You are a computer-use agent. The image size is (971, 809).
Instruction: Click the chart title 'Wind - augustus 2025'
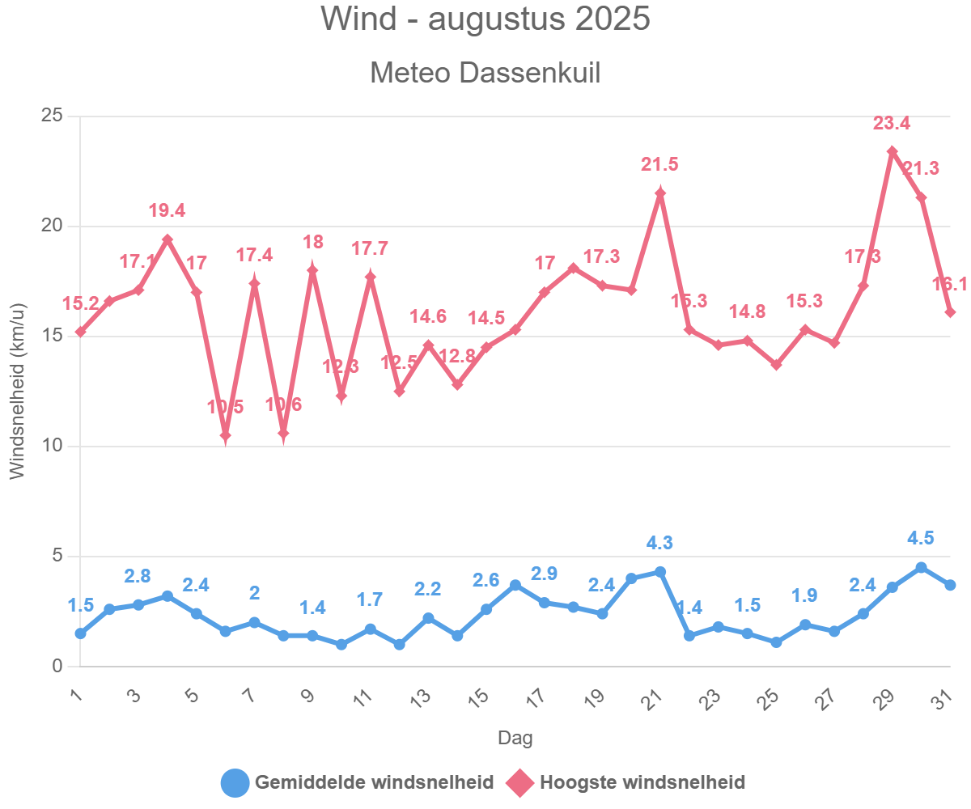coord(485,19)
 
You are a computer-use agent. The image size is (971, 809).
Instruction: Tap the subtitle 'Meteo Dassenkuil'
coord(485,73)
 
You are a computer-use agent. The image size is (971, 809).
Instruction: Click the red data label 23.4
coord(892,124)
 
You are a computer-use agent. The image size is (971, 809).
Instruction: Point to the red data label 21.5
coord(659,164)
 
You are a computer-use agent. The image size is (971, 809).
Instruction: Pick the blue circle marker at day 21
coord(660,572)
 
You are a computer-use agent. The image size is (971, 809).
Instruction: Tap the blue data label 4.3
coord(659,544)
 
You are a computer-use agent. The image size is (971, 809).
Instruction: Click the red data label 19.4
coord(167,211)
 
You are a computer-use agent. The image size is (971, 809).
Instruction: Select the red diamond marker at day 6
coord(226,435)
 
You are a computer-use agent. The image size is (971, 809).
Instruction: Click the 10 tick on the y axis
coord(52,447)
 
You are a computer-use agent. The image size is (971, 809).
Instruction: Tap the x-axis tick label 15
coord(479,696)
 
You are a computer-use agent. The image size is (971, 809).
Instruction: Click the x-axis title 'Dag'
coord(515,738)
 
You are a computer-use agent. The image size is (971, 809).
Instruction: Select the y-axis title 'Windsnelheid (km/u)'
coord(18,391)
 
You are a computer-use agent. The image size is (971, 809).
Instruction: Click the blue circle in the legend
coord(235,782)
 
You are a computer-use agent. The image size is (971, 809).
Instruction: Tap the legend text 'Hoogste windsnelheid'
coord(642,782)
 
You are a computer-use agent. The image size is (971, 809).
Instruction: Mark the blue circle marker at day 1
coord(81,633)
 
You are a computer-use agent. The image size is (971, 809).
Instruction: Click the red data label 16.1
coord(950,284)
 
